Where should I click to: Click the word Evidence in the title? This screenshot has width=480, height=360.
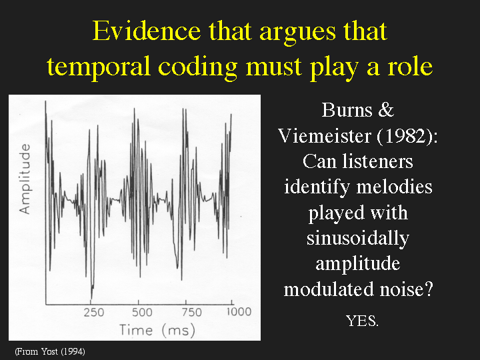pos(147,31)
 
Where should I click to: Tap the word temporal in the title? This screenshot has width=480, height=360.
pos(98,67)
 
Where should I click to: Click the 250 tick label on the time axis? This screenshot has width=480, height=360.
pos(94,312)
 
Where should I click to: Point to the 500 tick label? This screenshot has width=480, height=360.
pos(142,312)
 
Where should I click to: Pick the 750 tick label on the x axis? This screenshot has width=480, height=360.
pos(192,312)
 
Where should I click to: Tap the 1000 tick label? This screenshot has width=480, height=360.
pos(239,312)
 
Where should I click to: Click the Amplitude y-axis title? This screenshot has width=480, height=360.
pos(25,179)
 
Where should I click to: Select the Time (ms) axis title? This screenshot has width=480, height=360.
pos(157,330)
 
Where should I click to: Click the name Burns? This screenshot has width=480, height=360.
pos(347,110)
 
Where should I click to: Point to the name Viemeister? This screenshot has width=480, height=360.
pos(325,135)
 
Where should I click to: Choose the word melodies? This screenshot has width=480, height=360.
pos(395,187)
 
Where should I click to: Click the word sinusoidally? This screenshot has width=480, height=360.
pos(358,239)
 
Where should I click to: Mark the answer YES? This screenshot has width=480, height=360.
pos(362,321)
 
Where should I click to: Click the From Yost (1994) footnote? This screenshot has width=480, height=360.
pos(50,351)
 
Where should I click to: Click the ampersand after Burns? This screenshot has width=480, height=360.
pos(386,110)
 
